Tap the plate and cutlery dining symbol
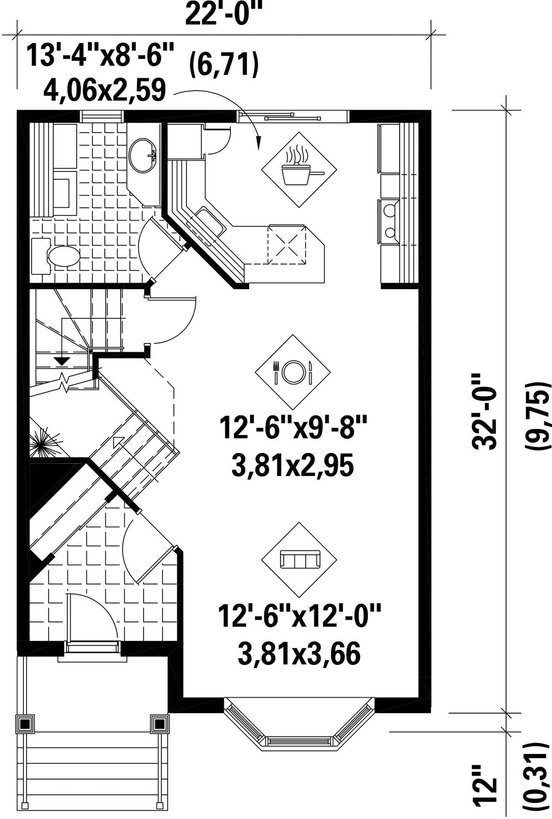click(x=292, y=372)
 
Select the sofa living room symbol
click(x=300, y=560)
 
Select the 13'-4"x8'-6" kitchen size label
click(x=100, y=55)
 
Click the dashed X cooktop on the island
click(x=287, y=244)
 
